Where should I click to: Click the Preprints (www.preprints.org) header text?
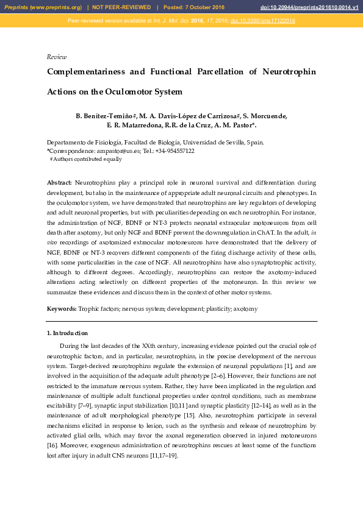[43, 7]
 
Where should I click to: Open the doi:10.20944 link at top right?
[309, 7]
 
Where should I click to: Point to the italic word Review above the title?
[57, 57]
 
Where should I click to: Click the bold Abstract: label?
[59, 182]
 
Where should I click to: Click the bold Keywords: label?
[62, 310]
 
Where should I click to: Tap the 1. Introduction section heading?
[67, 333]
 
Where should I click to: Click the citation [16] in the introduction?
[53, 446]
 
